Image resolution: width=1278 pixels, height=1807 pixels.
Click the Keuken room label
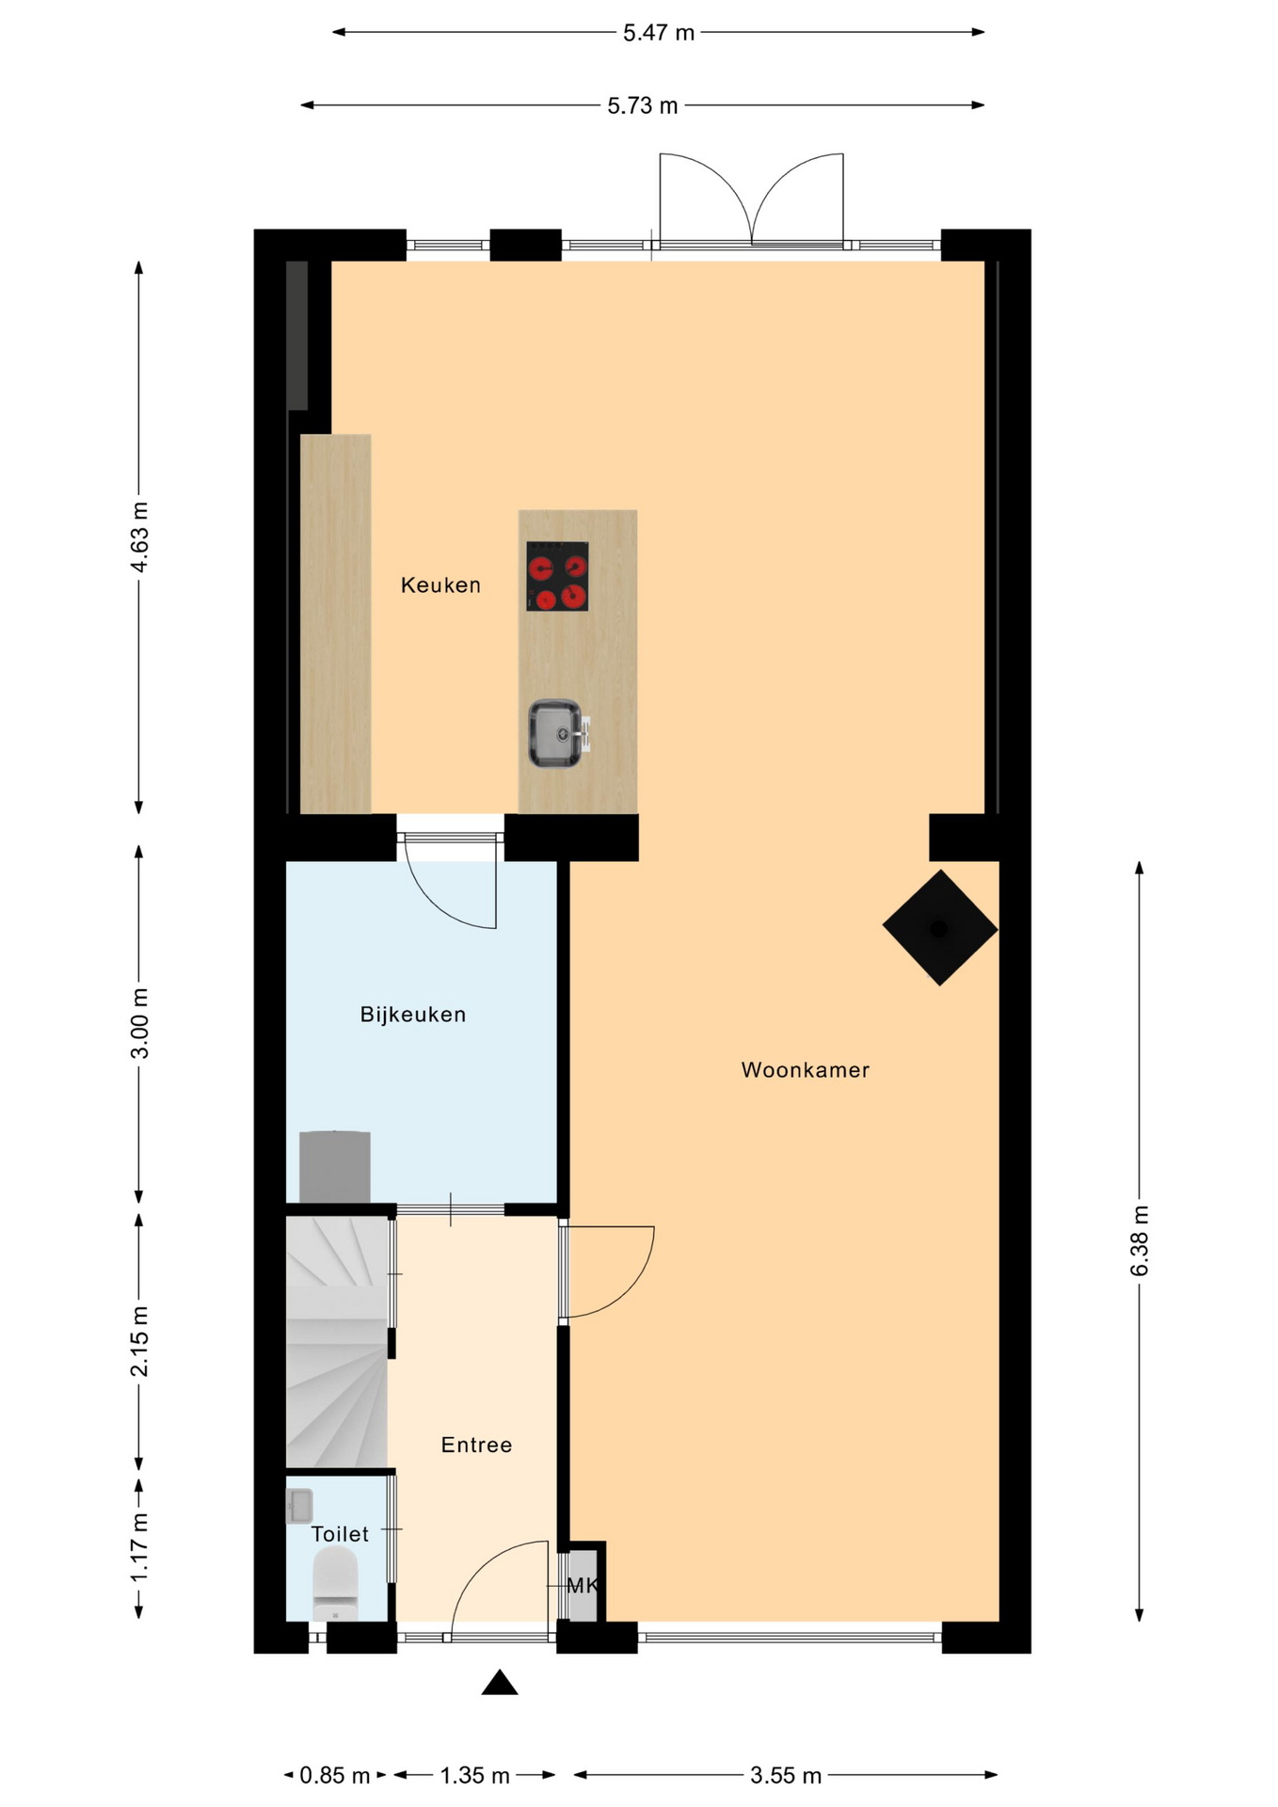pyautogui.click(x=440, y=585)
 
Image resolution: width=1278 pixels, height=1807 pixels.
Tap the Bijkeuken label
pyautogui.click(x=413, y=1015)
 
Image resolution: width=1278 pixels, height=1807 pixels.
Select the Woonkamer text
pyautogui.click(x=806, y=1070)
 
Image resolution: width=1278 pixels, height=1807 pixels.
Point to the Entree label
pyautogui.click(x=476, y=1445)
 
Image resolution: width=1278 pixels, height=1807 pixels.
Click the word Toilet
pyautogui.click(x=340, y=1534)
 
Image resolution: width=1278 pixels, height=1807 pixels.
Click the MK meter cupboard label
pyautogui.click(x=583, y=1586)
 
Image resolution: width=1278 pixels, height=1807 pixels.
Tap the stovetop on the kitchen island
pyautogui.click(x=557, y=576)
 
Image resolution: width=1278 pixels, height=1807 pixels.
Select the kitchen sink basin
pyautogui.click(x=554, y=733)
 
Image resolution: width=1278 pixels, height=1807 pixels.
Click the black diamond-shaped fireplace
pyautogui.click(x=939, y=928)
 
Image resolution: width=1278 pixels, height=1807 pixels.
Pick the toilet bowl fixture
pyautogui.click(x=335, y=1585)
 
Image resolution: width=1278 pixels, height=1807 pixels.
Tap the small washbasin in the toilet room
pyautogui.click(x=299, y=1506)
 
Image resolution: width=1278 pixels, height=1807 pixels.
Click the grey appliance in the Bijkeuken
pyautogui.click(x=334, y=1167)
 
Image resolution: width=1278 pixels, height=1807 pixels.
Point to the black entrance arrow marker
pyautogui.click(x=500, y=1682)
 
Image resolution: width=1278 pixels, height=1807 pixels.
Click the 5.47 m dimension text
pyautogui.click(x=659, y=33)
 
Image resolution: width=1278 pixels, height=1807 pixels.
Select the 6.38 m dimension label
pyautogui.click(x=1140, y=1240)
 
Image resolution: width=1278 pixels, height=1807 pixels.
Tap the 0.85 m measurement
pyautogui.click(x=335, y=1776)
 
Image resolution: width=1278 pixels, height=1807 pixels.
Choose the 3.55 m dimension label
pyautogui.click(x=786, y=1776)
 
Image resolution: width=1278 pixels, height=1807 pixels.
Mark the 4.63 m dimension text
pyautogui.click(x=139, y=537)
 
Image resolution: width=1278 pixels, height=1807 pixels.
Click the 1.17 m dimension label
pyautogui.click(x=139, y=1546)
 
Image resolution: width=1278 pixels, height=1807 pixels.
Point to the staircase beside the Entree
pyautogui.click(x=338, y=1342)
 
